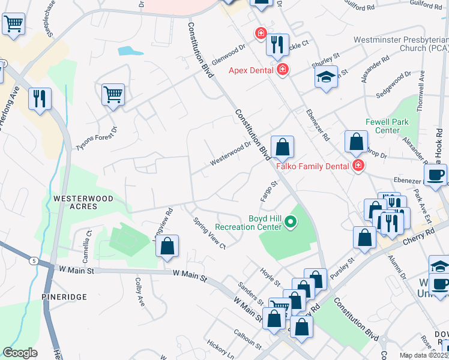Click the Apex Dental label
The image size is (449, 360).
(250, 70)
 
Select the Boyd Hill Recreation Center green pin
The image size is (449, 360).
(291, 223)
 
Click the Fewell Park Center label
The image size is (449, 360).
(383, 126)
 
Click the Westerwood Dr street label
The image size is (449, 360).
(230, 154)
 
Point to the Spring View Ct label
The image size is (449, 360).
(209, 233)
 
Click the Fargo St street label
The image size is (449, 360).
(268, 191)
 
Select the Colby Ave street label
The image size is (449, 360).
(139, 292)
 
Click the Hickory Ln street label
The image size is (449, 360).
(220, 348)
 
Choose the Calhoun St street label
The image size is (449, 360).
(248, 341)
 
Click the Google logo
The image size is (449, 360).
(20, 352)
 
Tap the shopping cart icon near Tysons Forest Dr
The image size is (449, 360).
(113, 94)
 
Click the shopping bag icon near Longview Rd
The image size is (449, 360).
(167, 245)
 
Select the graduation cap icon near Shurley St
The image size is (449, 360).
(326, 77)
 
